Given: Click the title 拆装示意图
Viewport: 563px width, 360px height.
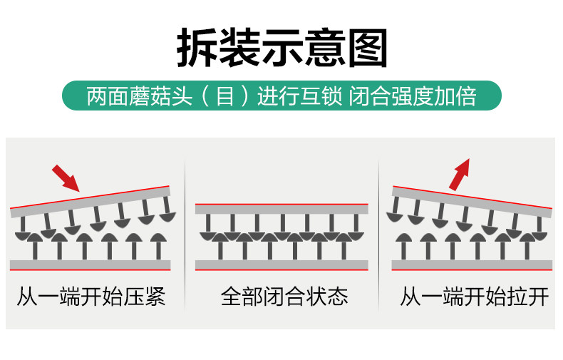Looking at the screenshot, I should point(281,48).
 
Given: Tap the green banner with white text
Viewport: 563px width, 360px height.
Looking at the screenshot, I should point(281,96).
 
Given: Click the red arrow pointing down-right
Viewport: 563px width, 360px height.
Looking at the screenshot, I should point(66,178).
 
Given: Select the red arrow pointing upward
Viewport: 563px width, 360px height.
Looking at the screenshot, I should point(460,174).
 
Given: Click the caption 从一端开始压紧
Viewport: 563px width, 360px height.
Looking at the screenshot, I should point(91,297).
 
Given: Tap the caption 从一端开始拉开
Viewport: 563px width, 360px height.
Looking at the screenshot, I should point(474,297).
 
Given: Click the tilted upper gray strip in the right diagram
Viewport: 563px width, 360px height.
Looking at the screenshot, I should point(472,201).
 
